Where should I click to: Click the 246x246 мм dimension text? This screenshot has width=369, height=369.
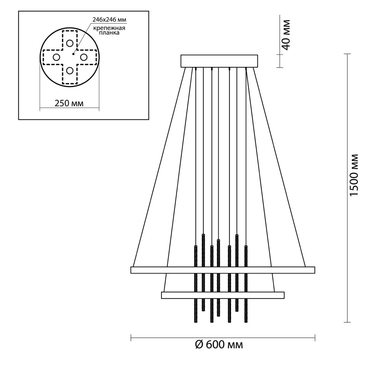click(109, 20)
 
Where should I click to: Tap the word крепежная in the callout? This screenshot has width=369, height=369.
click(109, 28)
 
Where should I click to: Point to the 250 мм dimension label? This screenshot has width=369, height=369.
click(69, 103)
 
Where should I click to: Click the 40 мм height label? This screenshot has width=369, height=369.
click(286, 35)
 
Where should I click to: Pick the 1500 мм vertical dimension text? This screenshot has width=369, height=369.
click(354, 175)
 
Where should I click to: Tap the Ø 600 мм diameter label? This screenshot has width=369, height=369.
click(219, 350)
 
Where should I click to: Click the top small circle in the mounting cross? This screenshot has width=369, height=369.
click(69, 43)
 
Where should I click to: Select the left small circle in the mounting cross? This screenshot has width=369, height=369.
click(56, 57)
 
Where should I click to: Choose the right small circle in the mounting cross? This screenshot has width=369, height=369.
click(84, 57)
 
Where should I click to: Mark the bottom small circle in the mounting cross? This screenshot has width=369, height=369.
click(69, 71)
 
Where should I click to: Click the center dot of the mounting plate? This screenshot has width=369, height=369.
click(73, 54)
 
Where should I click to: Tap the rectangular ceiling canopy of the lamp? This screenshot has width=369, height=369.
click(219, 61)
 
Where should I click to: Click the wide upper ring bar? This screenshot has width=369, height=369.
click(223, 270)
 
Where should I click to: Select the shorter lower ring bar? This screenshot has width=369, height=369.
click(223, 295)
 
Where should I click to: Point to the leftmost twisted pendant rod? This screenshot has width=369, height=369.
click(196, 284)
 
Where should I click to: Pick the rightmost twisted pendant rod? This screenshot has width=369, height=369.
click(246, 284)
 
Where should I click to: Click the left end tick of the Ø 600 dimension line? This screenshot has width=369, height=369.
click(131, 338)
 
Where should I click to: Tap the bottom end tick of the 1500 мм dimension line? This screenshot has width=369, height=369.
click(347, 323)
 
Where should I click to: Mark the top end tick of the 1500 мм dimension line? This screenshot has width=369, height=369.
click(347, 54)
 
